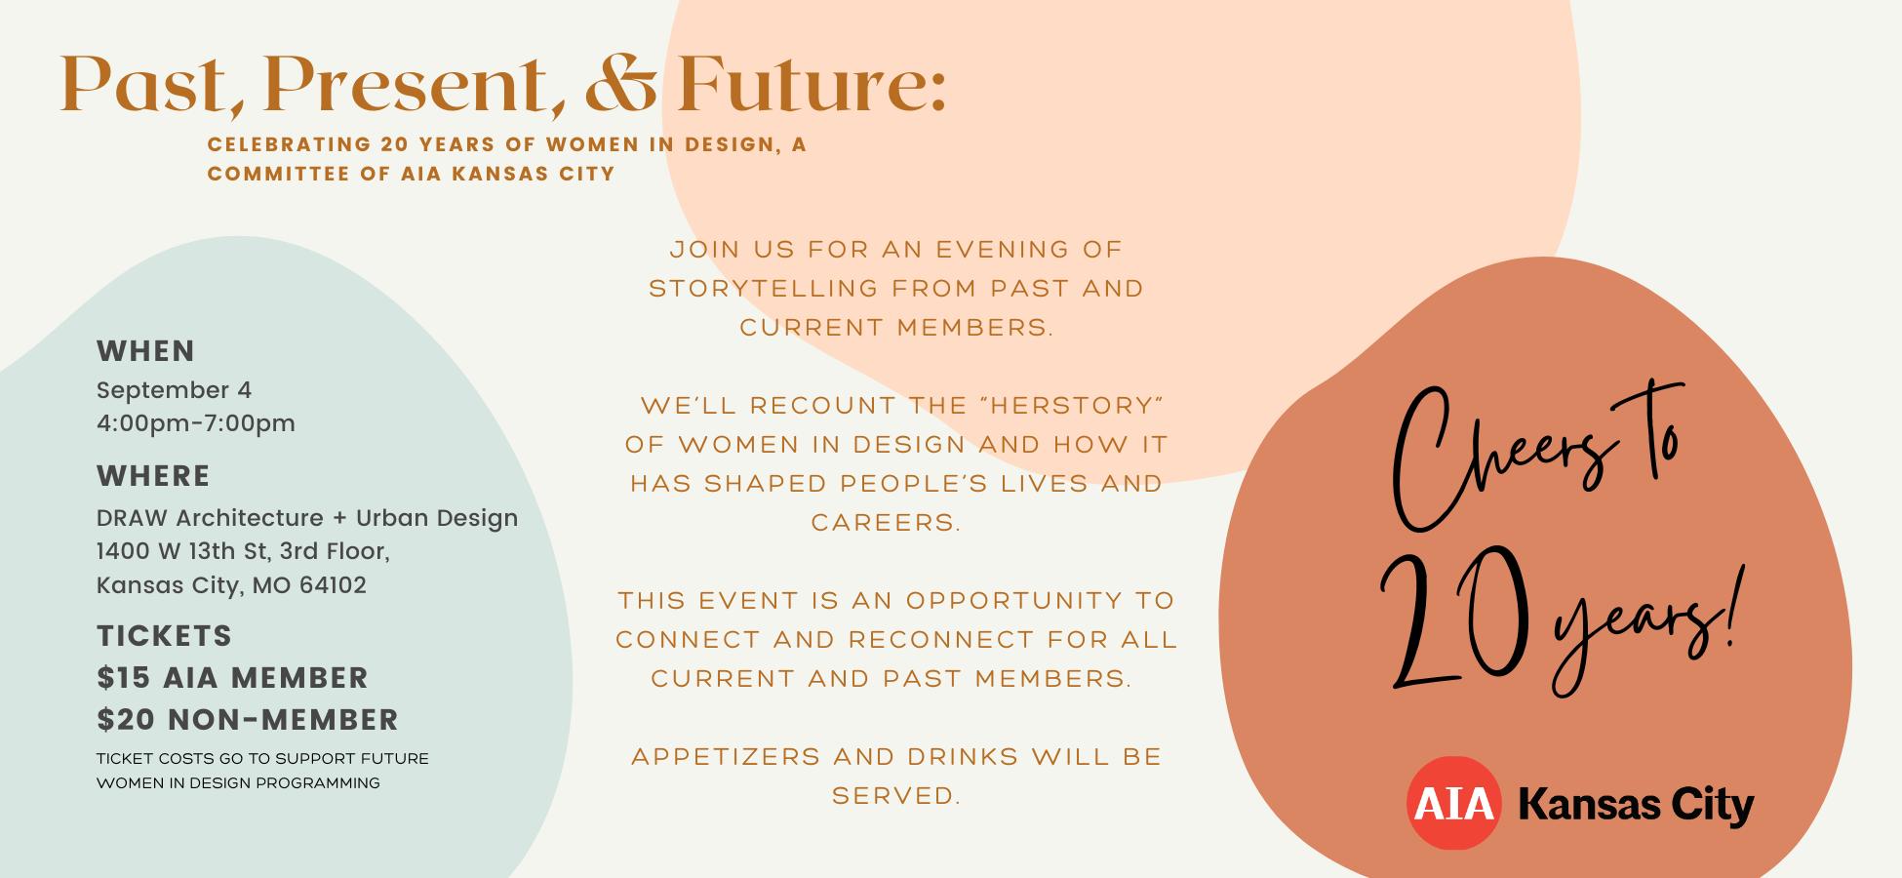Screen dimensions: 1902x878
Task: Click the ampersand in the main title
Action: tap(620, 83)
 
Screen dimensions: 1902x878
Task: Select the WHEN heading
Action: tap(145, 351)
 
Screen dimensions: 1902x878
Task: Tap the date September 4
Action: tap(174, 390)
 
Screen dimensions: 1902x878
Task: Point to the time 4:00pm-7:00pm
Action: tap(195, 423)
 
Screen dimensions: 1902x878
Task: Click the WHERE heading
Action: tap(153, 476)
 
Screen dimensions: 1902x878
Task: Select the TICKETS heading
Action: tap(164, 636)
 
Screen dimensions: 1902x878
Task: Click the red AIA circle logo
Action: tap(1453, 803)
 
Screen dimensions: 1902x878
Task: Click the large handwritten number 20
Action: tap(1453, 619)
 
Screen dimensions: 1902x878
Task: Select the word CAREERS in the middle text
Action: tap(886, 522)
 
